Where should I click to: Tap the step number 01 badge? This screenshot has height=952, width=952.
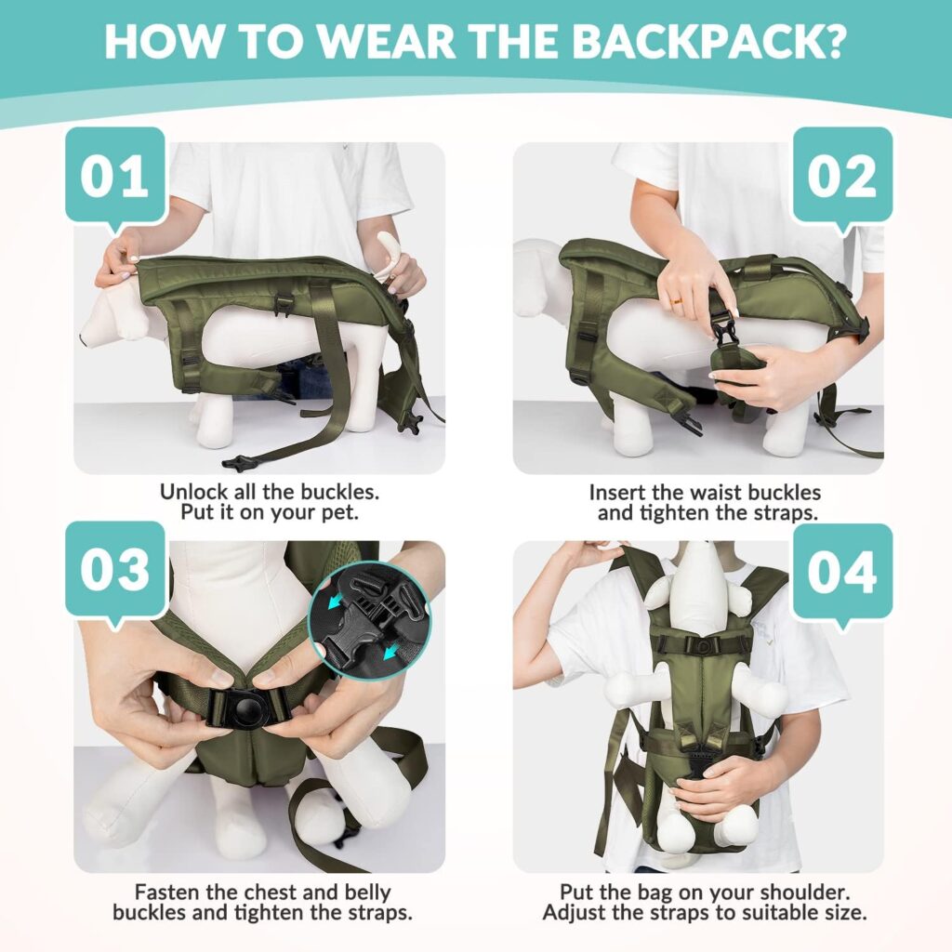pos(115,176)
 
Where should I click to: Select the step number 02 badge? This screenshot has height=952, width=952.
pos(842,176)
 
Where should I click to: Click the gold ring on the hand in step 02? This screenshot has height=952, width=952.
pos(676,302)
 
